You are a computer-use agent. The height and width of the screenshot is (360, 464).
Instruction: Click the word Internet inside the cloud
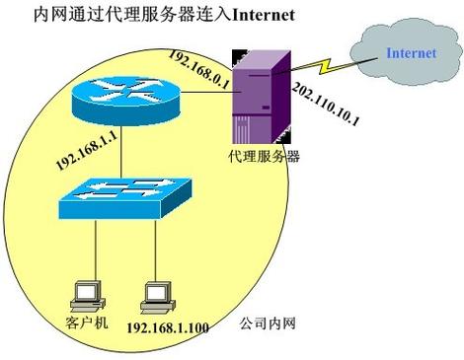(408, 52)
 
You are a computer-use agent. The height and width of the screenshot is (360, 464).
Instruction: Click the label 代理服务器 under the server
(262, 156)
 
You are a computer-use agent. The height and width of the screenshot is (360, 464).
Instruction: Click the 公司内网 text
(268, 323)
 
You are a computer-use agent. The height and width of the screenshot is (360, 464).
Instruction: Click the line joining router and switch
(116, 148)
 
